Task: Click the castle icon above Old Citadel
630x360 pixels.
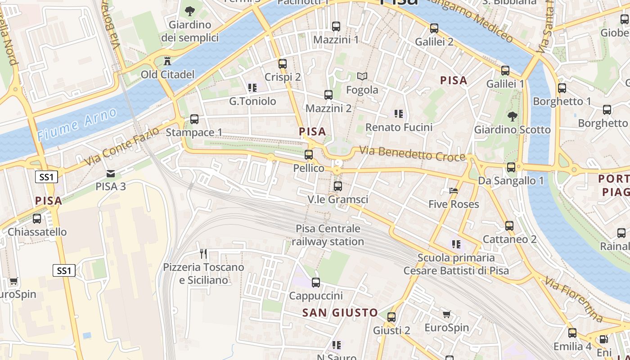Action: [x=167, y=61]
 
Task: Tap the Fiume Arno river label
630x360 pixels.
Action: [x=77, y=124]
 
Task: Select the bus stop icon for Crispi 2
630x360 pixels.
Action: [x=283, y=64]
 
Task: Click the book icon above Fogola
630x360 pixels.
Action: [x=362, y=76]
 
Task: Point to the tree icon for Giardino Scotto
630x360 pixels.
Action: [x=512, y=117]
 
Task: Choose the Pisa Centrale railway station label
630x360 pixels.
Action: [x=328, y=235]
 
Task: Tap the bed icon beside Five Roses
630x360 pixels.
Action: [x=454, y=191]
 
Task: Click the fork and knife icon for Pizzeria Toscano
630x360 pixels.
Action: [x=203, y=254]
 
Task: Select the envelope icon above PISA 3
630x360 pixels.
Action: [x=110, y=173]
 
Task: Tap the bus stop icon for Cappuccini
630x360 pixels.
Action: [x=316, y=283]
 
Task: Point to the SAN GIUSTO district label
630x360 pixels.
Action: [x=340, y=312]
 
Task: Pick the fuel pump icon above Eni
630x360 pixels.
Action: [x=603, y=340]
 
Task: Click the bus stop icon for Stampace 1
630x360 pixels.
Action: [x=194, y=119]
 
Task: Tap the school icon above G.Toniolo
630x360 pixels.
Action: [x=252, y=87]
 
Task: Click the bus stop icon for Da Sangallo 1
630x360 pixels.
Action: [x=511, y=167]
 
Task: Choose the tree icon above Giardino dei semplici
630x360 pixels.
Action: [x=190, y=11]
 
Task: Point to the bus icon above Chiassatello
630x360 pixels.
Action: [x=37, y=219]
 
